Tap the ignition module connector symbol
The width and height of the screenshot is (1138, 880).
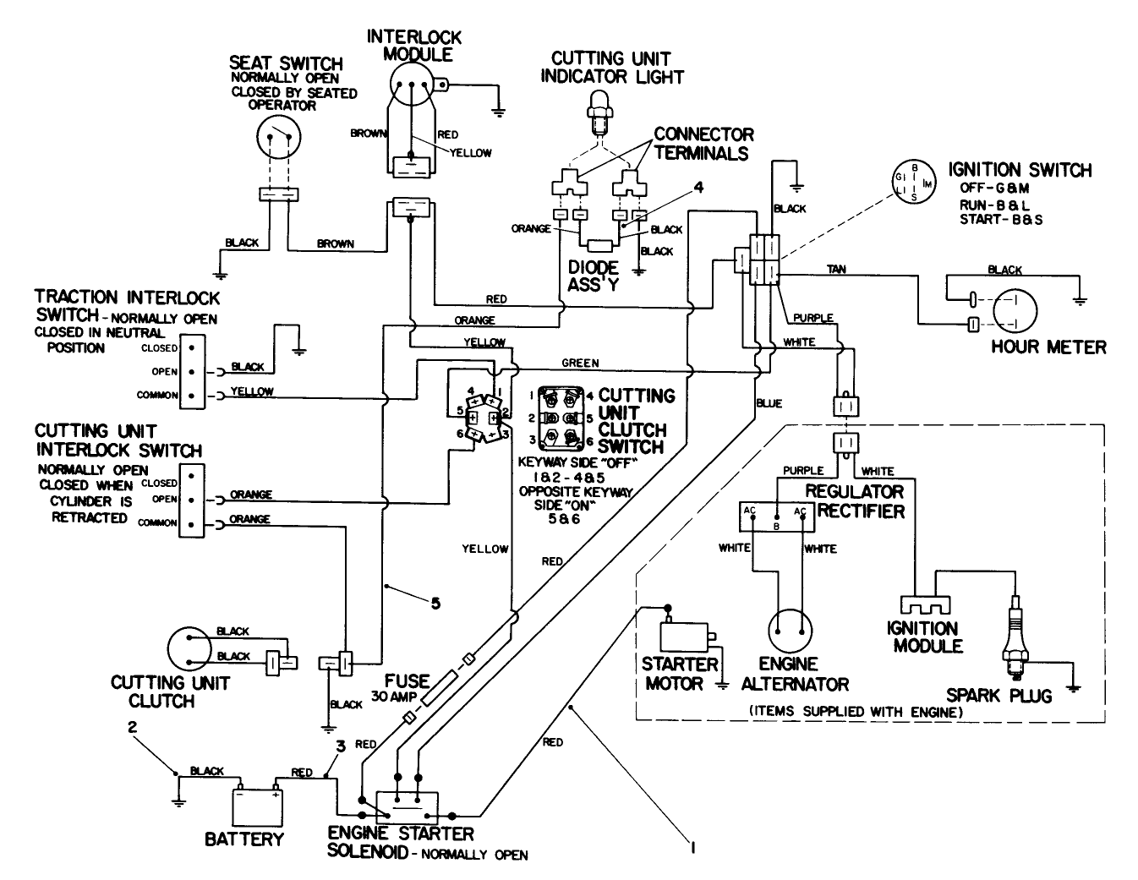click(921, 606)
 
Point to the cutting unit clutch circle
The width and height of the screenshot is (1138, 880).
click(191, 648)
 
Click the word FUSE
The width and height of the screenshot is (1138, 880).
click(407, 681)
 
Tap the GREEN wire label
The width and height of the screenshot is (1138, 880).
click(580, 363)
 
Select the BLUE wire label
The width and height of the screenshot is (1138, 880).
click(769, 403)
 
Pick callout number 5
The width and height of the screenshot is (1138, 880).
click(435, 603)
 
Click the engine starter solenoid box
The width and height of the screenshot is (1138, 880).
click(407, 804)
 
